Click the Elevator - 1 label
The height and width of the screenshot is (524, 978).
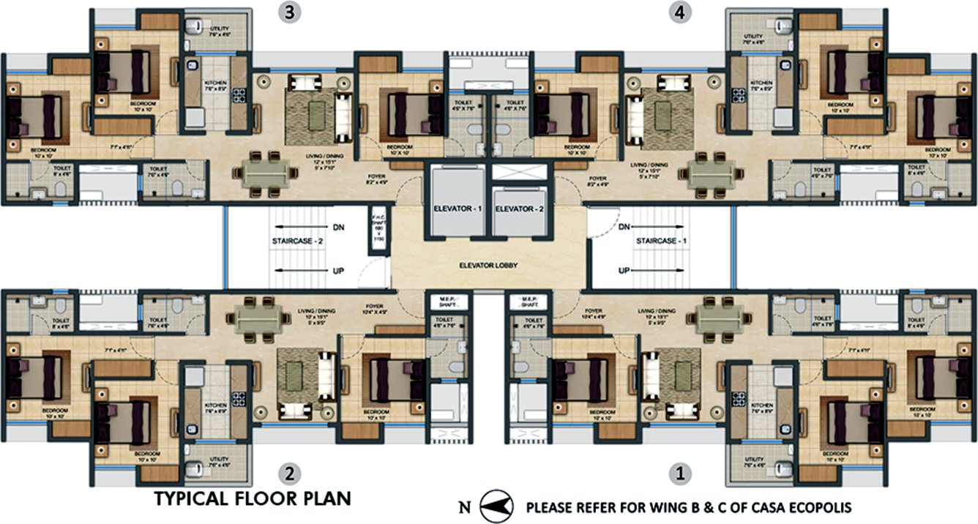click(x=458, y=209)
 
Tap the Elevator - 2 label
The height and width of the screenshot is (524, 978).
click(x=519, y=209)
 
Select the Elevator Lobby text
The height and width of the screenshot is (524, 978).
click(x=489, y=265)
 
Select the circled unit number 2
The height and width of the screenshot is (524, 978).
click(x=291, y=474)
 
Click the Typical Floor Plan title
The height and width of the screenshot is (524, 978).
click(x=253, y=499)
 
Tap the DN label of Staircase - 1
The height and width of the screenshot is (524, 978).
click(x=624, y=228)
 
